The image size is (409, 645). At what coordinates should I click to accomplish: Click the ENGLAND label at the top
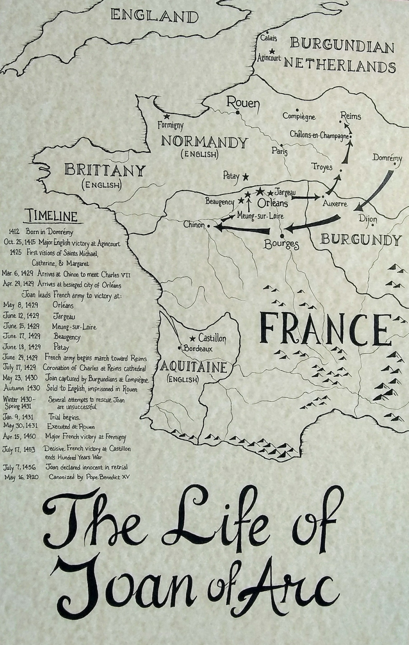(x=155, y=17)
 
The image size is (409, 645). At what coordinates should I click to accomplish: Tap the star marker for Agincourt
(x=272, y=51)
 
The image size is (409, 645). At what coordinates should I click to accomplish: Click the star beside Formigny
(x=167, y=117)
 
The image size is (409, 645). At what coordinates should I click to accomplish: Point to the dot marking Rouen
(x=238, y=113)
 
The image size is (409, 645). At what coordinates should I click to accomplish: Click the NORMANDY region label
(x=204, y=143)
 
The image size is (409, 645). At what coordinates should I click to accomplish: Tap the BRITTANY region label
(x=104, y=171)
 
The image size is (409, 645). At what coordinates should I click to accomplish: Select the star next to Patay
(x=245, y=177)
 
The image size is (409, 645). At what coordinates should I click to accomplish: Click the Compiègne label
(x=299, y=116)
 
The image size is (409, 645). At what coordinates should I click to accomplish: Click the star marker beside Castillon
(x=193, y=338)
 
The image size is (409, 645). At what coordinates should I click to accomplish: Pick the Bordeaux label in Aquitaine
(x=198, y=348)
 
